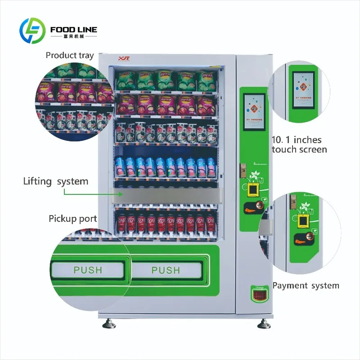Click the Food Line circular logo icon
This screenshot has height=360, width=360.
[33, 31]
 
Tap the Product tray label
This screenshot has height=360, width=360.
[70, 55]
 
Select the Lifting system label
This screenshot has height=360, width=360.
[56, 181]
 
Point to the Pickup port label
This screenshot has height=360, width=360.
[73, 219]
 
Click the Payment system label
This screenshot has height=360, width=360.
[306, 285]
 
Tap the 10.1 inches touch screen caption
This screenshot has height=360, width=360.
[299, 144]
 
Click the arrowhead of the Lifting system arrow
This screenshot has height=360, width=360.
[121, 195]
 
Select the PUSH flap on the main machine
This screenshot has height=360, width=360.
[165, 270]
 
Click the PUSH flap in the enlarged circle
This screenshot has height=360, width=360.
[88, 270]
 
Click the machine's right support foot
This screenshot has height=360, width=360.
[262, 324]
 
